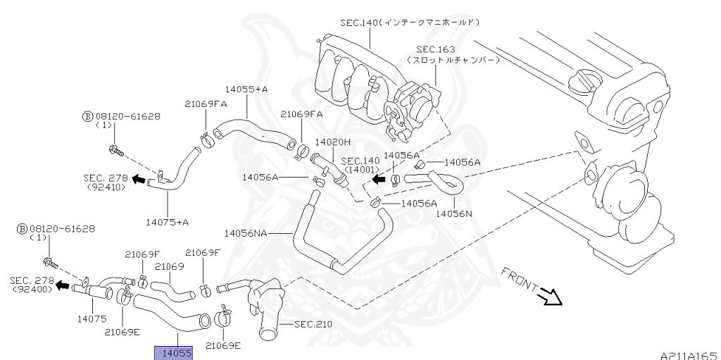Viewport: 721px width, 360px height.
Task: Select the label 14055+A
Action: point(246,89)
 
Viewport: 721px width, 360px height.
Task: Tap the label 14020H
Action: point(332,142)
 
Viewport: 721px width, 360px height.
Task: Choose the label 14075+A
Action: point(168,222)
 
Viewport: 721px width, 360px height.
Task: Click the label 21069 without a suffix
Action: point(169,267)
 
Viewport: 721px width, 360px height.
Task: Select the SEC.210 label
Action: point(313,324)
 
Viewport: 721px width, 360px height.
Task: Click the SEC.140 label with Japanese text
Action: point(409,23)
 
